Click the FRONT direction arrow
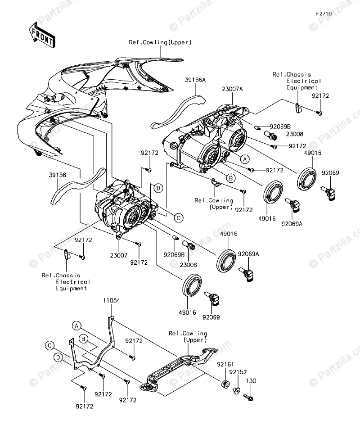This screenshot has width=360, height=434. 42,36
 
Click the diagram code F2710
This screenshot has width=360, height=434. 324,14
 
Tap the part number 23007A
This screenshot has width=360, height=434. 232,90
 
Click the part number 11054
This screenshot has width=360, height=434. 111,300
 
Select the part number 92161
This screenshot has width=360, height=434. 225,364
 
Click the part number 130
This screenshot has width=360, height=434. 251,380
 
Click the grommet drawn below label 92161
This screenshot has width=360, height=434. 225,384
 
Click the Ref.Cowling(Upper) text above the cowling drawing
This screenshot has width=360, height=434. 160,42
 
